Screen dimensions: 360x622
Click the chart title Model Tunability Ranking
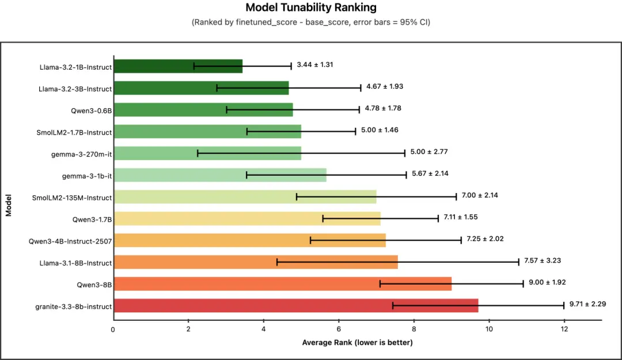tap(311, 7)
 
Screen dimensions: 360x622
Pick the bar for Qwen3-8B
tap(282, 284)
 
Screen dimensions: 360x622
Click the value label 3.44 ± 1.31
tap(315, 65)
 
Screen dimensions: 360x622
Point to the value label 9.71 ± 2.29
tap(587, 304)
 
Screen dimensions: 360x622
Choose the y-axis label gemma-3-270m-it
tap(81, 154)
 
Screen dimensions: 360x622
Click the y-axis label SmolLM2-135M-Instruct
tap(72, 198)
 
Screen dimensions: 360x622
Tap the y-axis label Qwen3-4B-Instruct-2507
tap(70, 241)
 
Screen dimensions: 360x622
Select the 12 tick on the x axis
tap(564, 329)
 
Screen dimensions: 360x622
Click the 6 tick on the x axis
tap(339, 329)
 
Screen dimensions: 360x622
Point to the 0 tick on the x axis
tap(113, 329)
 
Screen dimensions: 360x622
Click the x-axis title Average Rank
tap(357, 343)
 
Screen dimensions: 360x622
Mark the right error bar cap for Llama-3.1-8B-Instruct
tap(519, 262)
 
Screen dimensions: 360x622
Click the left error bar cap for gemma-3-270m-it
tap(198, 153)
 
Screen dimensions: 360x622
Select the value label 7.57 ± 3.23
tap(542, 260)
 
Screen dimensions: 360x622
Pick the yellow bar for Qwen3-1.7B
tap(247, 218)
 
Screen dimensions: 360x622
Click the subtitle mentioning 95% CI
tap(311, 22)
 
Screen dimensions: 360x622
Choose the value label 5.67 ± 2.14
tap(430, 173)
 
